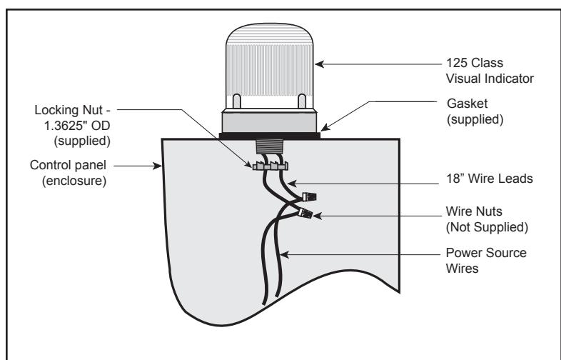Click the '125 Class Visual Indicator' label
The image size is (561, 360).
pos(490,71)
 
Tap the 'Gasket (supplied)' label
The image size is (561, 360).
pos(475,111)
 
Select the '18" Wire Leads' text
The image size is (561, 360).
pos(490,179)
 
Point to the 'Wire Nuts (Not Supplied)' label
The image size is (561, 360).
pos(487,219)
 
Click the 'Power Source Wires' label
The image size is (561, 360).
pos(486,261)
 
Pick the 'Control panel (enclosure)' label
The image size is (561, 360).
pos(69,173)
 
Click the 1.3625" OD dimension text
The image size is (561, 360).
pos(77,126)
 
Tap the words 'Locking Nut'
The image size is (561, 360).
pos(69,109)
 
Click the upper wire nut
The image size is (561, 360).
pos(309,196)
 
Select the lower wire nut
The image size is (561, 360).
pos(305,213)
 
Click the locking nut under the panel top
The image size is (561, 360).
pos(270,166)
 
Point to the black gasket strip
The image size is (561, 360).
pos(269,136)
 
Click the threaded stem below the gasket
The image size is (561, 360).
pos(269,147)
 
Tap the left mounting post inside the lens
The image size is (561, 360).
pos(236,101)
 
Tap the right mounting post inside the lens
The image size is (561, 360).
pos(302,101)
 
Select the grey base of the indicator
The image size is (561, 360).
pos(269,122)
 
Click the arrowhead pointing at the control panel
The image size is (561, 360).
pos(158,166)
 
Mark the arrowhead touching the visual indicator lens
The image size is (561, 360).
pos(319,64)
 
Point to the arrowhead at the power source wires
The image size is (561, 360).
pos(284,255)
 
